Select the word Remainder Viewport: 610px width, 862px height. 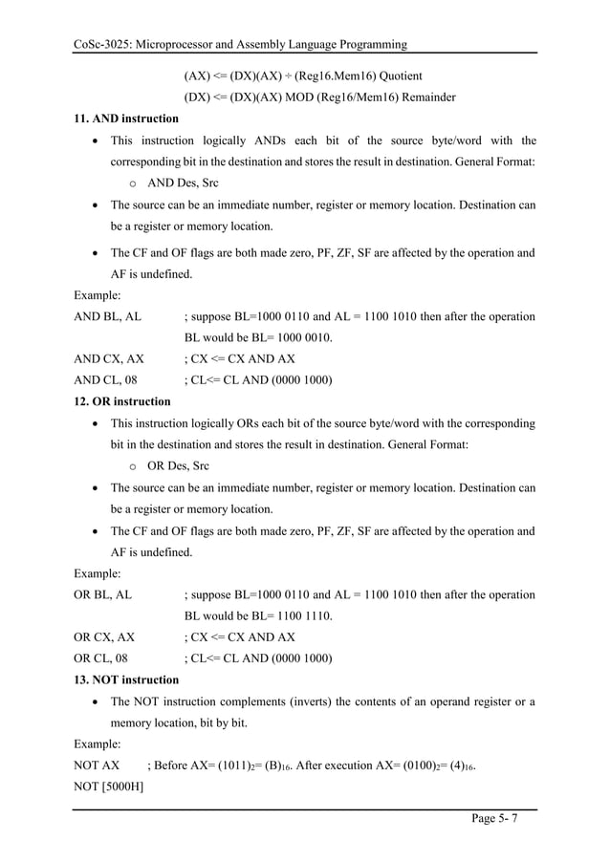(x=425, y=97)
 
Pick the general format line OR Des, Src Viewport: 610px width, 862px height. (x=178, y=465)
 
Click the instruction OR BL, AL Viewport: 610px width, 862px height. (x=103, y=594)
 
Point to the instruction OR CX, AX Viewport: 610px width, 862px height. (x=104, y=636)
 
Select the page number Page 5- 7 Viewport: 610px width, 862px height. (x=498, y=819)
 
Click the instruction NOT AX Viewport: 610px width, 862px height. (x=97, y=765)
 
